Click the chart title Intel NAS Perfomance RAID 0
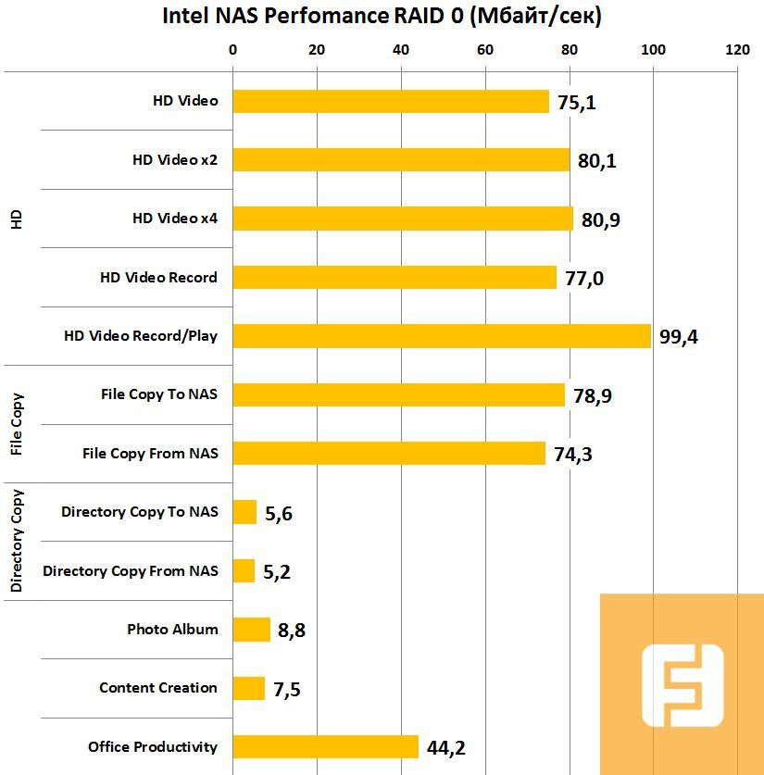pos(382,16)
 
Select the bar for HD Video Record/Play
pos(442,336)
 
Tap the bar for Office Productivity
pos(325,746)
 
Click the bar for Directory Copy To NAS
pos(244,512)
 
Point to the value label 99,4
pos(678,337)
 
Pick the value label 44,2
pos(445,747)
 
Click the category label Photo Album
pos(172,630)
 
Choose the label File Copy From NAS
pos(150,454)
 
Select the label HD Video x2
pos(175,160)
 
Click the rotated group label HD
pos(15,219)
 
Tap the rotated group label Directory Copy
pos(16,541)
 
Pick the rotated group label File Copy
pos(16,424)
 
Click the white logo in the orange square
pos(683,684)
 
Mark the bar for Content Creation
pos(248,688)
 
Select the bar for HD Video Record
pos(395,278)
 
